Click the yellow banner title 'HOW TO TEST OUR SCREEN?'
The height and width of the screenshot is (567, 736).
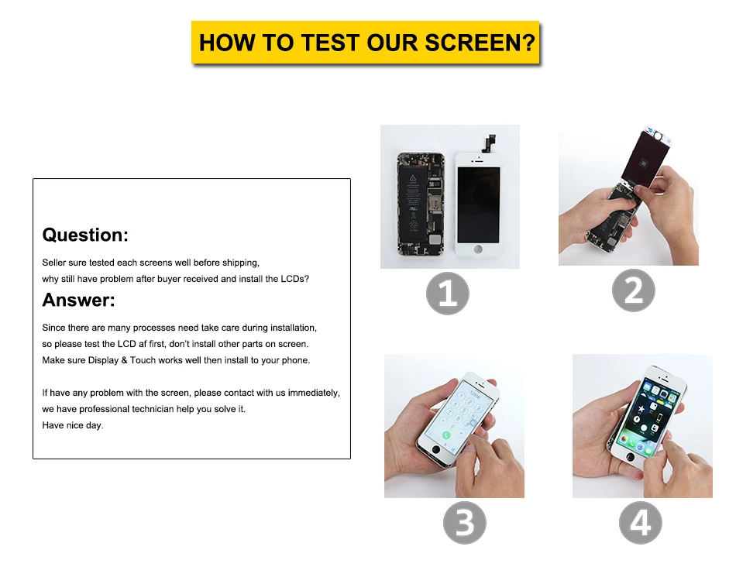pyautogui.click(x=366, y=42)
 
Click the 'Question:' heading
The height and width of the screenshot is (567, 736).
pyautogui.click(x=85, y=235)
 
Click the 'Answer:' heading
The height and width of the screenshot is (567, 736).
pyautogui.click(x=78, y=300)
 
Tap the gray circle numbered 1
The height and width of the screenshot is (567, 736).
pyautogui.click(x=448, y=294)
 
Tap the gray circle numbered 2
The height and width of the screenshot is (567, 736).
pyautogui.click(x=633, y=290)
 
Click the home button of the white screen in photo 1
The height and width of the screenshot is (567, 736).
pyautogui.click(x=477, y=250)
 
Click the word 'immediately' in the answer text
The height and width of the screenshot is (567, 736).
pyautogui.click(x=313, y=393)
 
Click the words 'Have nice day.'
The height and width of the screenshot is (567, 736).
pyautogui.click(x=73, y=425)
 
